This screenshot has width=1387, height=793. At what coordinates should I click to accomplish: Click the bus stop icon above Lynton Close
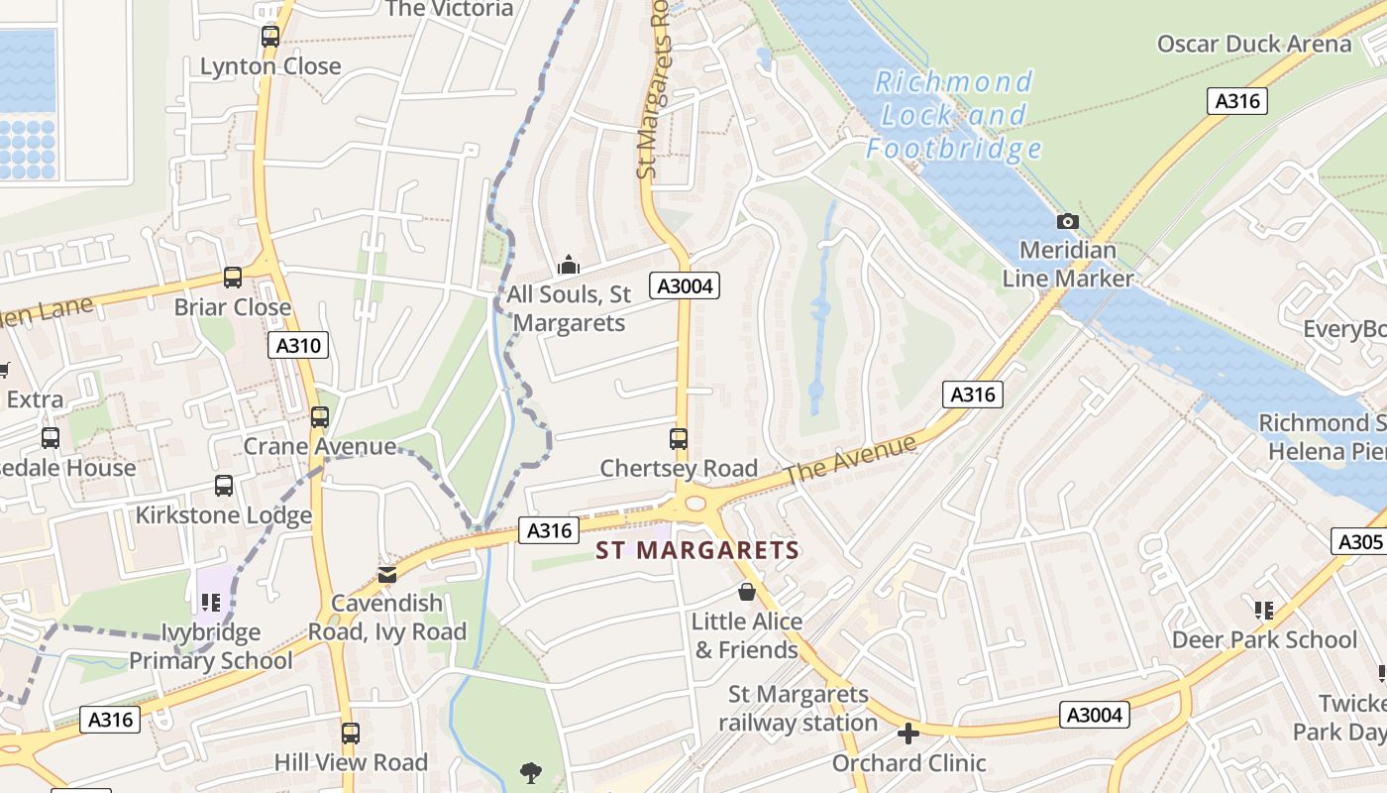click(270, 37)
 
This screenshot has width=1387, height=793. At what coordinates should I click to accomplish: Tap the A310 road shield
click(298, 345)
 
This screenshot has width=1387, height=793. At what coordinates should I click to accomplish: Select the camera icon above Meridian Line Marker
click(1068, 221)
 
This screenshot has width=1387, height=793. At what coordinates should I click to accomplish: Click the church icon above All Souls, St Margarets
click(568, 265)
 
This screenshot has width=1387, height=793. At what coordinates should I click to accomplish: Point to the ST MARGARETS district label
click(697, 550)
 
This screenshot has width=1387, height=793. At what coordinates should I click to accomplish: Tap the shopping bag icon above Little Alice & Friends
click(747, 592)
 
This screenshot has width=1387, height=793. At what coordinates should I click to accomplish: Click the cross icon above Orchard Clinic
click(908, 734)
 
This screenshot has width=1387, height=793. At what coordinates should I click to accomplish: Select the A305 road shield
click(1359, 541)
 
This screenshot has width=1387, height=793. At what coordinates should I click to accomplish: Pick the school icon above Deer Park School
click(1263, 610)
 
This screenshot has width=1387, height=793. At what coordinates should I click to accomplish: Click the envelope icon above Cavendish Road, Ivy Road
click(386, 574)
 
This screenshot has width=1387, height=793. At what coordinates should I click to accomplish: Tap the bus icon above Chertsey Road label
click(679, 438)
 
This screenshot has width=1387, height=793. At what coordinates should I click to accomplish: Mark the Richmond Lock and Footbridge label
click(954, 115)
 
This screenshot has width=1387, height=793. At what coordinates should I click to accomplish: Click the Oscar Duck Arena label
click(1254, 44)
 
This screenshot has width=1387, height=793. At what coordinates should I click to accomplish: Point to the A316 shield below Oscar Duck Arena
click(1237, 100)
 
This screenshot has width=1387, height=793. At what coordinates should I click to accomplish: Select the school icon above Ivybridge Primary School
click(210, 602)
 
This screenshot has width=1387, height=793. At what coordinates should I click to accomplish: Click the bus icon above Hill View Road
click(350, 734)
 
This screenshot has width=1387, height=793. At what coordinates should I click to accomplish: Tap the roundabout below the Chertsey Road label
click(694, 504)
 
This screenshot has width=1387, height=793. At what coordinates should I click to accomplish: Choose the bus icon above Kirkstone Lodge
click(224, 486)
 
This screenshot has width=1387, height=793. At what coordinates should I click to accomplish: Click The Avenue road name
click(851, 461)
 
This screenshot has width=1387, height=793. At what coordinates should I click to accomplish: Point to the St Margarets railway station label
click(799, 708)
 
